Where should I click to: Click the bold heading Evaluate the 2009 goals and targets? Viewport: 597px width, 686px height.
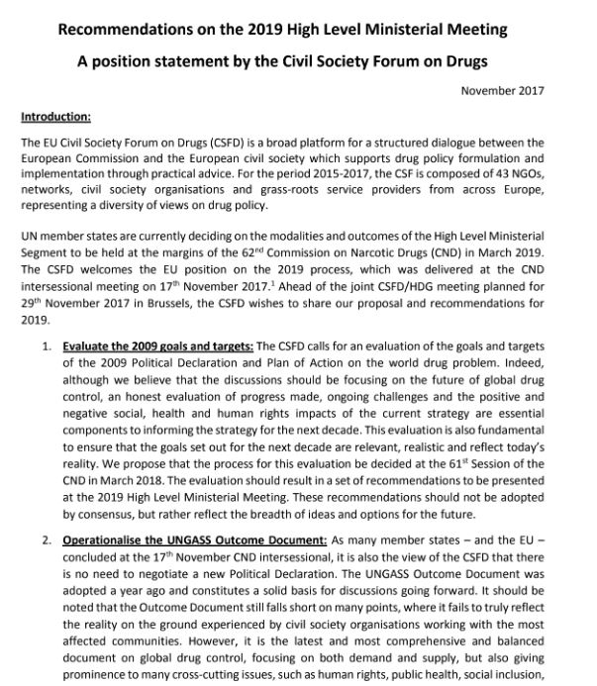(x=158, y=348)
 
